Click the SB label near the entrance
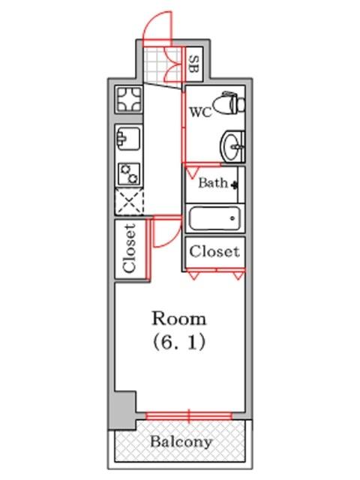pyautogui.click(x=194, y=64)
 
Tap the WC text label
pyautogui.click(x=200, y=112)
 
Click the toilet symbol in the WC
pyautogui.click(x=229, y=103)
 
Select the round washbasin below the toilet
pyautogui.click(x=233, y=147)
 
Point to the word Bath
pyautogui.click(x=213, y=183)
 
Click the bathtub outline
pyautogui.click(x=214, y=218)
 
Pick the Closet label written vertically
pyautogui.click(x=130, y=248)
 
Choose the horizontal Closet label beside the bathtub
pyautogui.click(x=214, y=252)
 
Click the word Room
pyautogui.click(x=179, y=319)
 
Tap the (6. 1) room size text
pyautogui.click(x=179, y=342)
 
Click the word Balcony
pyautogui.click(x=181, y=442)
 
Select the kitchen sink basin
pyautogui.click(x=128, y=138)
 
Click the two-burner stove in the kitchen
pyautogui.click(x=129, y=173)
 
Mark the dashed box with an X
pyautogui.click(x=129, y=202)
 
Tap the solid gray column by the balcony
pyautogui.click(x=122, y=409)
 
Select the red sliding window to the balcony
pyautogui.click(x=189, y=415)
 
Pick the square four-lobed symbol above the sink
pyautogui.click(x=129, y=99)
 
